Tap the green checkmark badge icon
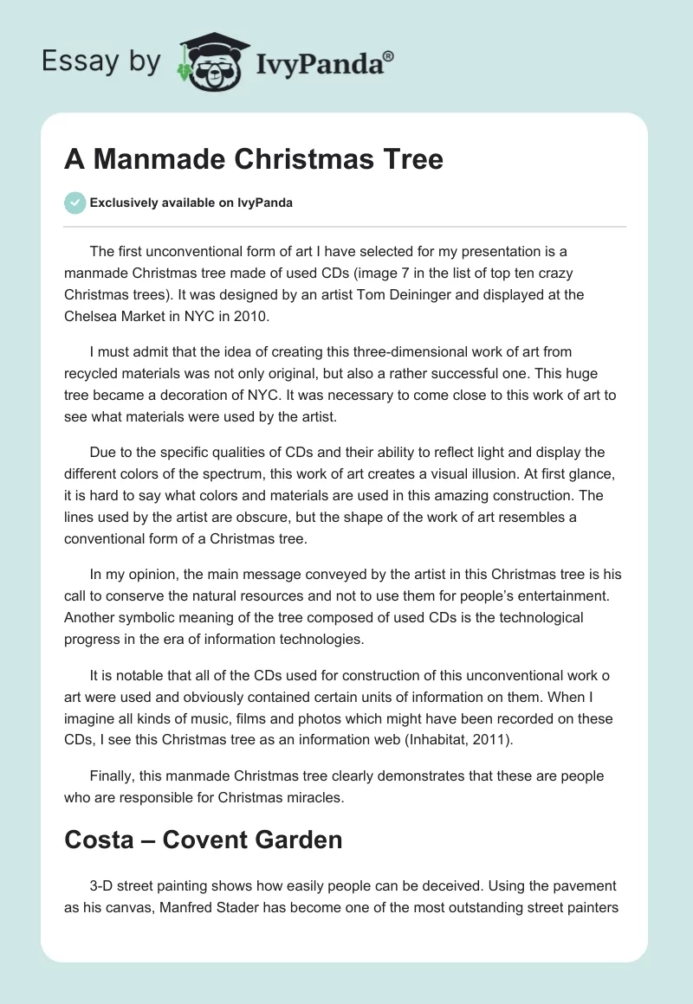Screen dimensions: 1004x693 coord(74,203)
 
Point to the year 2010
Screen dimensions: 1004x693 coord(252,316)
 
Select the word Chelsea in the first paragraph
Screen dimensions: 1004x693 coord(89,316)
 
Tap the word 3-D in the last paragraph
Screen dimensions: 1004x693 coord(105,886)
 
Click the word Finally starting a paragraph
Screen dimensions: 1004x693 coord(113,776)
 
